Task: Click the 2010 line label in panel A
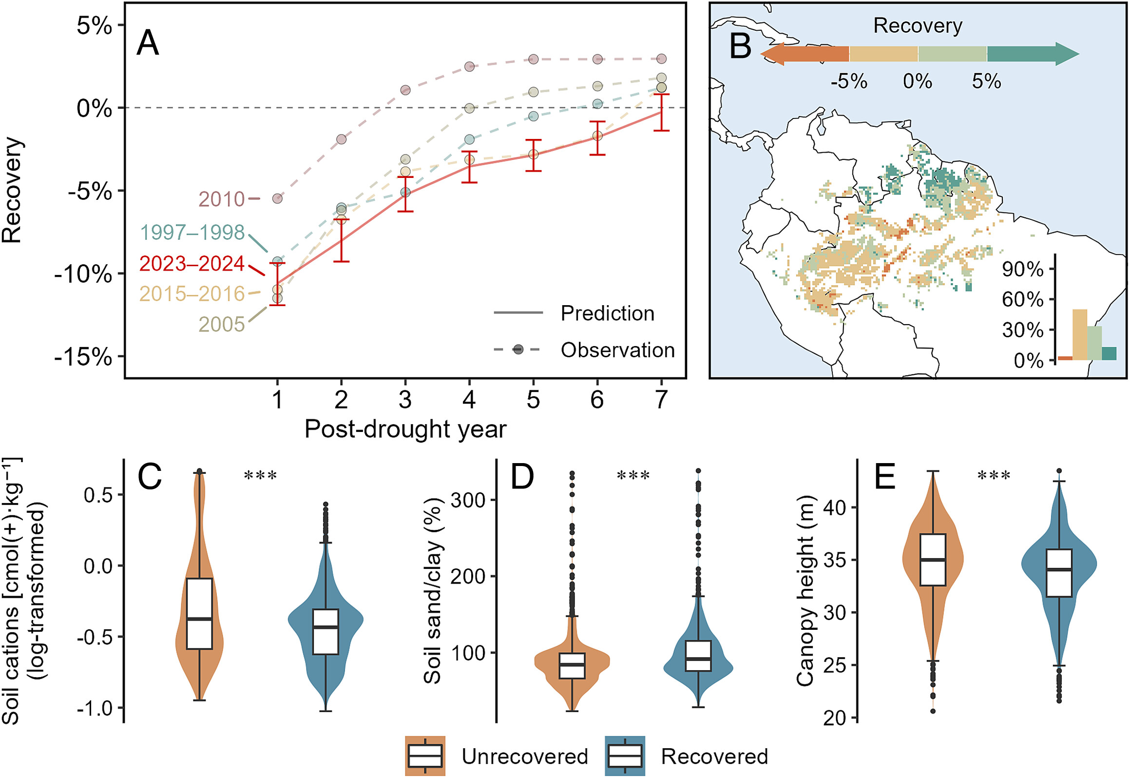tap(221, 199)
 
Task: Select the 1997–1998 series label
tap(192, 233)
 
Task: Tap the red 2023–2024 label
tap(192, 264)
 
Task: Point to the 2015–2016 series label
tap(192, 294)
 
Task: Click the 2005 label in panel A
tap(221, 324)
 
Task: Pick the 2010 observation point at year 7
tap(661, 58)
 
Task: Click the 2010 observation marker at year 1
tap(277, 198)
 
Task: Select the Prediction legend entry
tap(607, 313)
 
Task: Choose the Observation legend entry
tap(617, 350)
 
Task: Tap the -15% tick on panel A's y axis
tap(84, 357)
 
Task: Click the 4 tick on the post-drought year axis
tap(469, 400)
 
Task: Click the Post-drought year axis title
tap(405, 429)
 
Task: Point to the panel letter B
tap(740, 46)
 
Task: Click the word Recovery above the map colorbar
tap(918, 25)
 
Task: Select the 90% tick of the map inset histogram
tap(1022, 269)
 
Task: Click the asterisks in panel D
tap(633, 476)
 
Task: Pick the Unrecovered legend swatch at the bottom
tap(425, 756)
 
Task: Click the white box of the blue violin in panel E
tap(1059, 573)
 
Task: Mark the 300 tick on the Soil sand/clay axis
tap(467, 500)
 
